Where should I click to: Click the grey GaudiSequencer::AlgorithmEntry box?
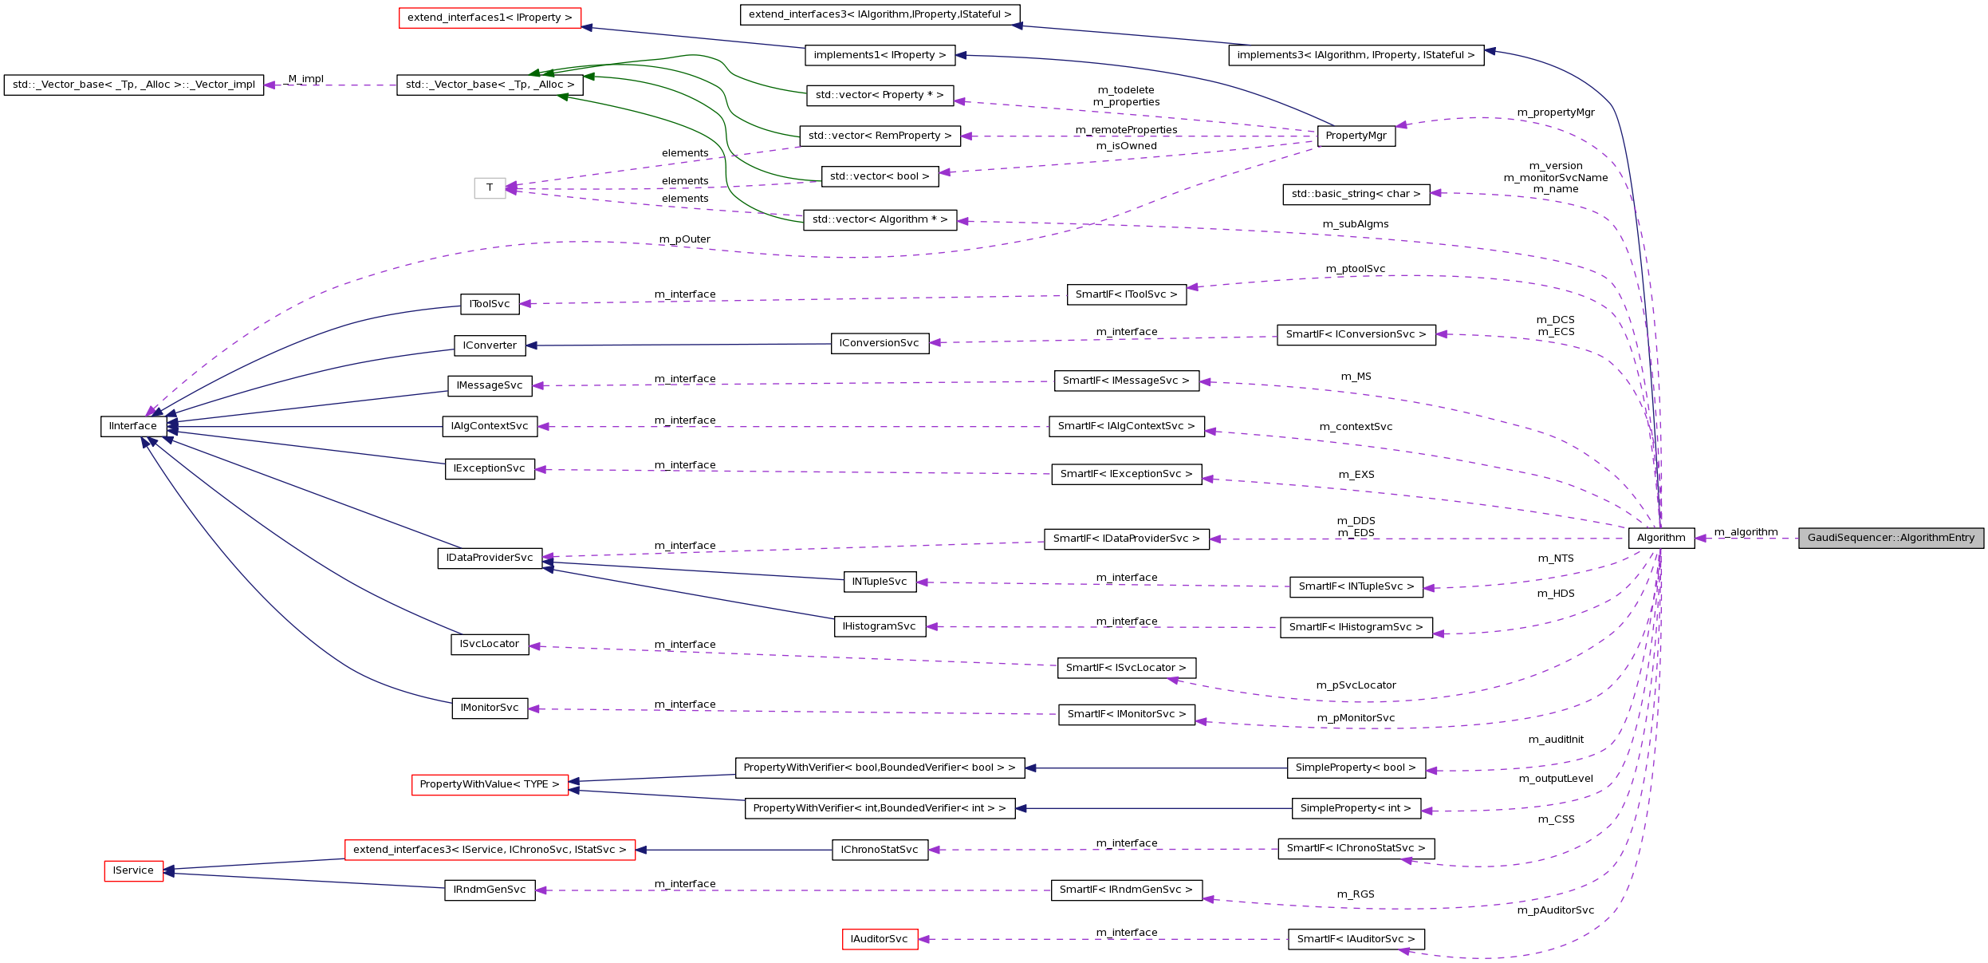coord(1890,538)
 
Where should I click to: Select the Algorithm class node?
coord(1660,538)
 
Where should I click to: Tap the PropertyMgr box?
coord(1356,136)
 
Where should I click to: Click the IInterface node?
coord(133,426)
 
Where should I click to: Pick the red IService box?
coord(133,870)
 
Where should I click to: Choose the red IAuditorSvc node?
coord(879,939)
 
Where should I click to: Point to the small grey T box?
coord(490,187)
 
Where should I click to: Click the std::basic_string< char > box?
coord(1356,194)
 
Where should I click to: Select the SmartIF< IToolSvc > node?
coord(1126,294)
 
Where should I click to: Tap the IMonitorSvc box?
coord(490,708)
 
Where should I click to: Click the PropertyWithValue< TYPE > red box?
coord(490,784)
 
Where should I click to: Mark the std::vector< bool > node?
coord(880,176)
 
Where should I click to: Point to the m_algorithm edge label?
coord(1746,532)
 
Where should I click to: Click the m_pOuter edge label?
coord(684,239)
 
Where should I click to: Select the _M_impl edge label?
coord(305,79)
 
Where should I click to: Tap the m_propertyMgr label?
coord(1555,112)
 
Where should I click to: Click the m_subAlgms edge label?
coord(1355,224)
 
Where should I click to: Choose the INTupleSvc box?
coord(879,582)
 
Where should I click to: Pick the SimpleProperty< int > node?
coord(1356,808)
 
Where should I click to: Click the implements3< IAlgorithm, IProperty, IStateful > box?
coord(1356,55)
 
